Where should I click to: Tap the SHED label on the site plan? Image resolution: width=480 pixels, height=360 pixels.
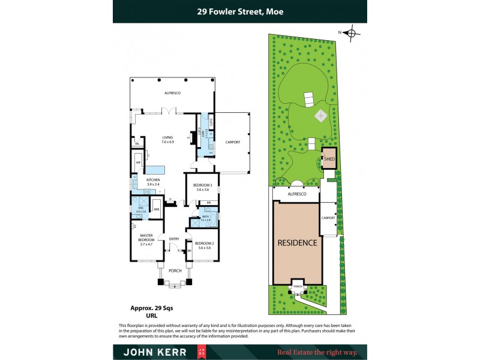pyautogui.click(x=329, y=159)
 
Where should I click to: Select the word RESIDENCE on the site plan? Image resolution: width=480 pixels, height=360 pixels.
pyautogui.click(x=296, y=243)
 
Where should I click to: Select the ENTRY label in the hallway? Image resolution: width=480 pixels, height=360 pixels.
pyautogui.click(x=174, y=239)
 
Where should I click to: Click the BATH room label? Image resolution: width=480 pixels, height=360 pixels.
pyautogui.click(x=205, y=217)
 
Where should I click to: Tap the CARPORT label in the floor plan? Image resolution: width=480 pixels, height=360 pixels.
pyautogui.click(x=233, y=142)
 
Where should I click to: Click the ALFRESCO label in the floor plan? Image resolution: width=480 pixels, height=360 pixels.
pyautogui.click(x=173, y=94)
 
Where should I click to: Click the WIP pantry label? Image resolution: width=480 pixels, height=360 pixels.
pyautogui.click(x=137, y=163)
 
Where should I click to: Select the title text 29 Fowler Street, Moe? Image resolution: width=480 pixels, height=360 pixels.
pyautogui.click(x=239, y=11)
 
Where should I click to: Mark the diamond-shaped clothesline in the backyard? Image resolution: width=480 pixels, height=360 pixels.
pyautogui.click(x=320, y=115)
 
